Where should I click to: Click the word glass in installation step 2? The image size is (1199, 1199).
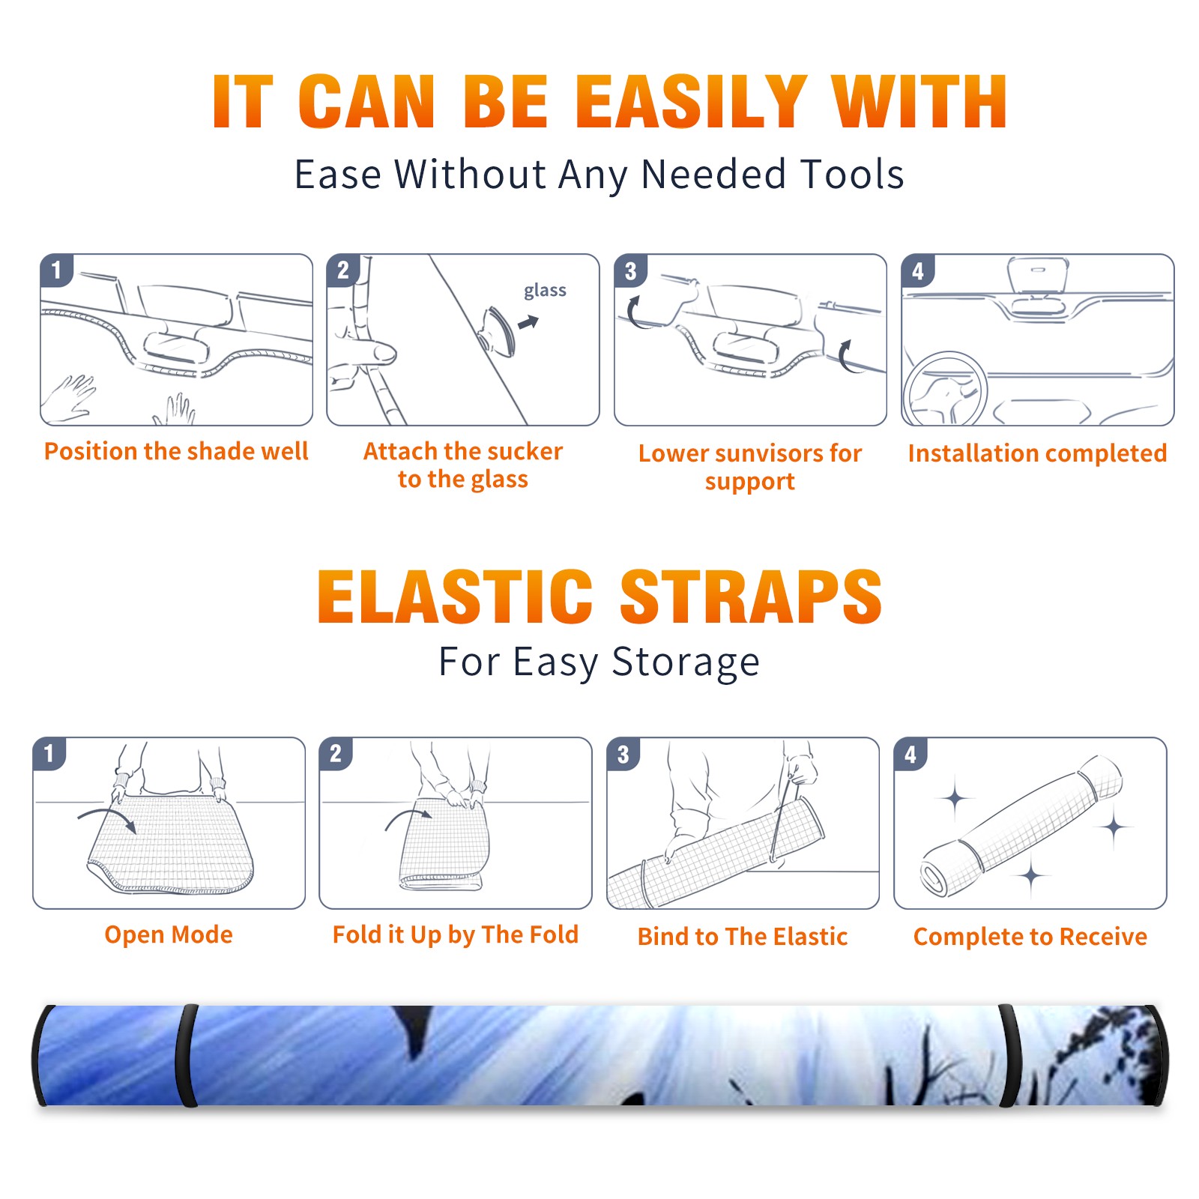pos(545,292)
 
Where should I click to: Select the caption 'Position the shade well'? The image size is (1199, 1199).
pos(176,451)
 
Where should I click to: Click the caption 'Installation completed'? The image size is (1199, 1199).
pos(1037,453)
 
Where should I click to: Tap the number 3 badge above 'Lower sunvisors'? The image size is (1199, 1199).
pos(630,271)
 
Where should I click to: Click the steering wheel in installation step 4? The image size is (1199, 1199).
pos(945,389)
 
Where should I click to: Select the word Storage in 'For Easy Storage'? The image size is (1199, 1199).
pos(686,663)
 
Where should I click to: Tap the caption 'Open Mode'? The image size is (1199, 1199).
pos(169,934)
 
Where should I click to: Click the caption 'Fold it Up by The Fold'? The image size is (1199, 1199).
pos(456,934)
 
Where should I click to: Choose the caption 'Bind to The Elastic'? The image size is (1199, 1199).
pos(743,936)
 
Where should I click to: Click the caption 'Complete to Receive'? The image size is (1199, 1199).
pos(1030,937)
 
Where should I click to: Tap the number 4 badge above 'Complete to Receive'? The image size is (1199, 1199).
pos(910,754)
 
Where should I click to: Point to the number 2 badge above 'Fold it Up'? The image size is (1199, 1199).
pos(336,754)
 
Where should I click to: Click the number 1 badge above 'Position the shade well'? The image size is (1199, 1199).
pos(56,271)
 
